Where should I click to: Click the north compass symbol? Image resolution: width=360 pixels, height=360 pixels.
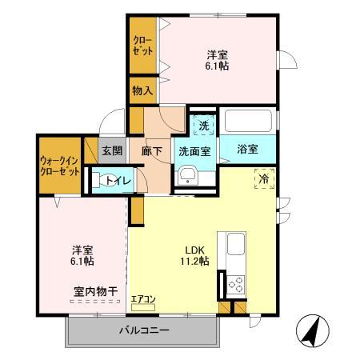pyautogui.click(x=313, y=330)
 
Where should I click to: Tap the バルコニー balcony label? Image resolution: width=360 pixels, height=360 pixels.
pyautogui.click(x=145, y=330)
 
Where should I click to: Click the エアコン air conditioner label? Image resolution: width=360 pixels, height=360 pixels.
pyautogui.click(x=144, y=299)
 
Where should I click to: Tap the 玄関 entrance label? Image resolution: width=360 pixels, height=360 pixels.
pyautogui.click(x=112, y=150)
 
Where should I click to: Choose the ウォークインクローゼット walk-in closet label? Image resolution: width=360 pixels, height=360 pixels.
pyautogui.click(x=59, y=166)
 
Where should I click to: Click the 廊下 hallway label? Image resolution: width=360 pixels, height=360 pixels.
pyautogui.click(x=153, y=150)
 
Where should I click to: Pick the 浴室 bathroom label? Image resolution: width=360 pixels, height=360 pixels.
pyautogui.click(x=248, y=148)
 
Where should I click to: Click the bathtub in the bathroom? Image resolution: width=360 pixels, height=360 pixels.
pyautogui.click(x=249, y=122)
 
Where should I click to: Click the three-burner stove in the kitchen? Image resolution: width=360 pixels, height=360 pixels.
pyautogui.click(x=236, y=284)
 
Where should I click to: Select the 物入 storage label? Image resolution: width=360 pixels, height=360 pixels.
pyautogui.click(x=142, y=91)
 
